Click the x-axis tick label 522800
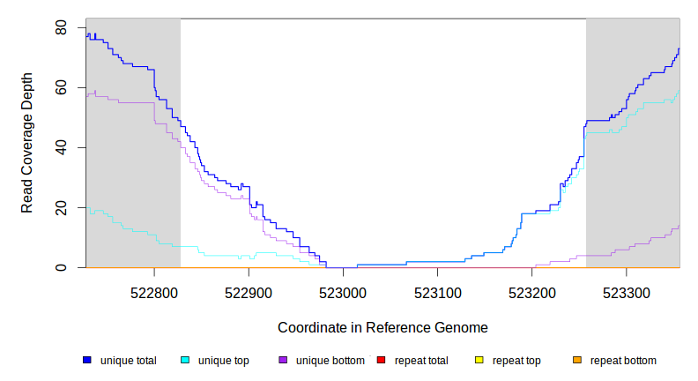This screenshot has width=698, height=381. (x=154, y=289)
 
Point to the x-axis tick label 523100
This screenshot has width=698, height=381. (x=438, y=289)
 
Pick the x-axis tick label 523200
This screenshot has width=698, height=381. (x=532, y=289)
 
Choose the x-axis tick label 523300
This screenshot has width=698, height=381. (x=627, y=289)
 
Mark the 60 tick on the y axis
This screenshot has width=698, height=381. (x=61, y=88)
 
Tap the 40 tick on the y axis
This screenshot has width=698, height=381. (x=61, y=147)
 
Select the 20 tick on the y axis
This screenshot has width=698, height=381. (x=61, y=207)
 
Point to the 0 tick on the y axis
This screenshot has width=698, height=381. (x=61, y=267)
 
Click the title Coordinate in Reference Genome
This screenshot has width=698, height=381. (x=382, y=327)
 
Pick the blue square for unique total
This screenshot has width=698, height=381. (x=87, y=361)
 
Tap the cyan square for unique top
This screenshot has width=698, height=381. (x=185, y=361)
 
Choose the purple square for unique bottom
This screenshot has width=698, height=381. (x=283, y=361)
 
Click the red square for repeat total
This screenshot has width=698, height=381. (x=381, y=361)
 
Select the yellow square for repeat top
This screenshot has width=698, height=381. (x=479, y=361)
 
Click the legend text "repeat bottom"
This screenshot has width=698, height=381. (x=623, y=361)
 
